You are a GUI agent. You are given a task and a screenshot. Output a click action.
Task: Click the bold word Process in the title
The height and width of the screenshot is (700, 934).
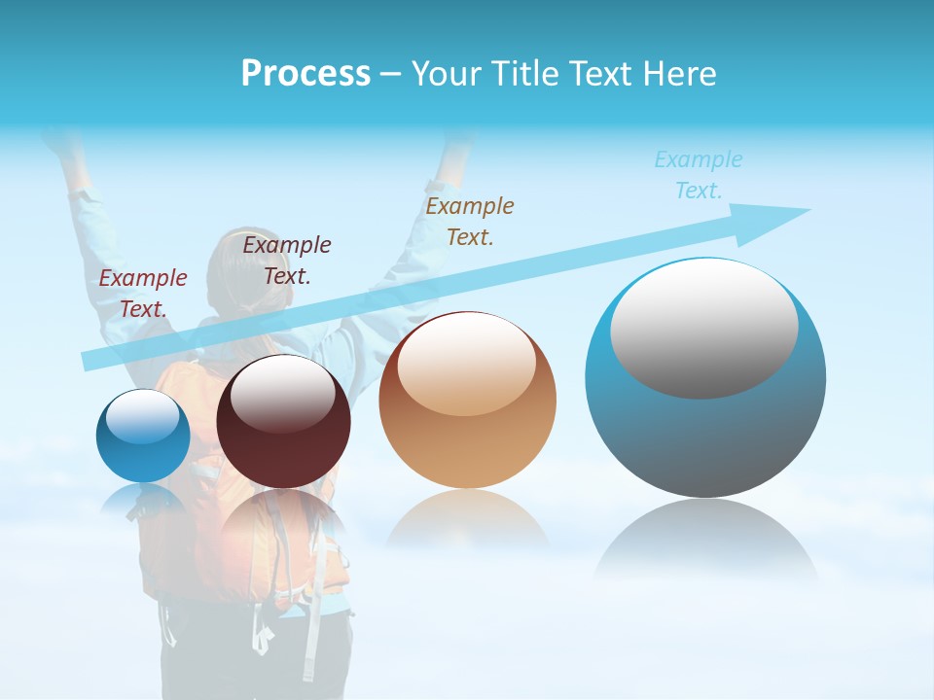305,74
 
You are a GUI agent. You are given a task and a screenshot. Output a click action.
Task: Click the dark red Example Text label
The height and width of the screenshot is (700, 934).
142,293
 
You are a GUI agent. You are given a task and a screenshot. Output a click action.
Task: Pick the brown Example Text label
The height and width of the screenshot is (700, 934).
470,221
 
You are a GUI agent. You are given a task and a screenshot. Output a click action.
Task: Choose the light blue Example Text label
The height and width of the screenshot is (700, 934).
699,175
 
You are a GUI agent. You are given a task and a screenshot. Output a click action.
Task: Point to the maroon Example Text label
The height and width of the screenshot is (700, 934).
287,260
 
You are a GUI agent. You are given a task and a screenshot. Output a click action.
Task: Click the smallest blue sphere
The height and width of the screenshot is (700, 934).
143,436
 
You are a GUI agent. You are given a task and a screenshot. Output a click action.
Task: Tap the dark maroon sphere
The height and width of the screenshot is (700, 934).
283,422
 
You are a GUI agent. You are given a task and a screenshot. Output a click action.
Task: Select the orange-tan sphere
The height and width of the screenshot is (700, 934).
468,401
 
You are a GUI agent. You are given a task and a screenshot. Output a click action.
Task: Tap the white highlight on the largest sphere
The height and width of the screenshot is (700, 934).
703,328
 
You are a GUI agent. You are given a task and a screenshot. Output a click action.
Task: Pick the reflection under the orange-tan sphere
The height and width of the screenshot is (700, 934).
467,520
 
